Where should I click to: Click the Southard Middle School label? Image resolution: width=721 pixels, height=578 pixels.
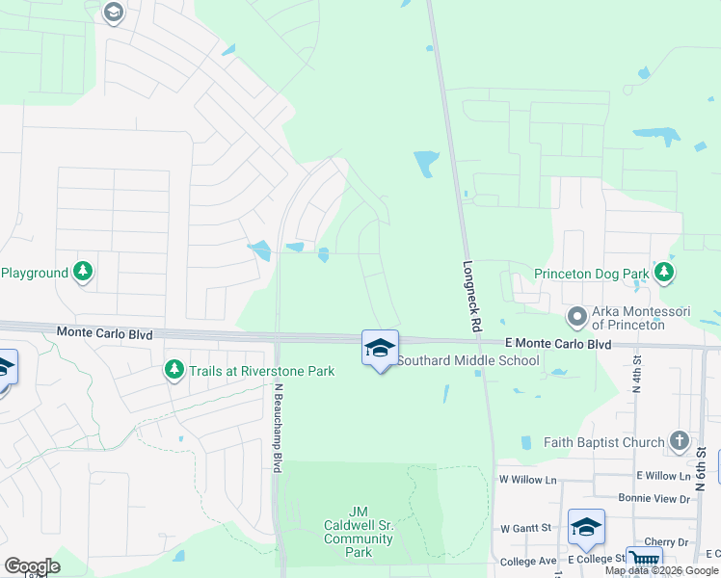[x=468, y=361]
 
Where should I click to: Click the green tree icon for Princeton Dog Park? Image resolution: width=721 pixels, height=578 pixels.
[x=664, y=274]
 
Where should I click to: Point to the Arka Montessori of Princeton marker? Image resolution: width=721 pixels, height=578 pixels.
[x=577, y=316]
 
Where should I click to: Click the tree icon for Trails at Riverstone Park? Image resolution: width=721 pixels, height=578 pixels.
[x=174, y=370]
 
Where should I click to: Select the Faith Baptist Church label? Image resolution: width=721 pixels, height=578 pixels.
[x=603, y=442]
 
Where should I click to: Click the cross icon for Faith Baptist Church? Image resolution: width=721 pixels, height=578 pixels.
[x=679, y=441]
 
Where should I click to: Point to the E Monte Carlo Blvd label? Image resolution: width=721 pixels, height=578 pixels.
[x=558, y=344]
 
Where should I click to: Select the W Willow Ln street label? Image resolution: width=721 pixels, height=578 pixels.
[x=527, y=478]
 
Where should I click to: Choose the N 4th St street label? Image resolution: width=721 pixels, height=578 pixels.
[x=637, y=370]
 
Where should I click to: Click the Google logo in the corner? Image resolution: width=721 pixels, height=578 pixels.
[x=32, y=566]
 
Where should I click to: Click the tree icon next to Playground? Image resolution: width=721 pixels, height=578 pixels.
[x=84, y=273]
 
